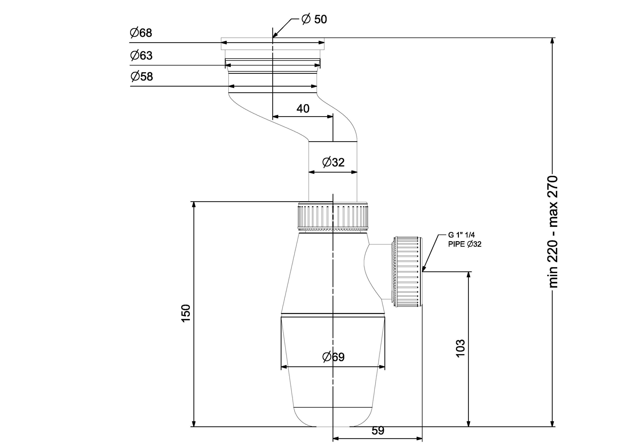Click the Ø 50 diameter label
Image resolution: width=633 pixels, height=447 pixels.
(314, 19)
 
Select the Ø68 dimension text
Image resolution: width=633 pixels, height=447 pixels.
(141, 33)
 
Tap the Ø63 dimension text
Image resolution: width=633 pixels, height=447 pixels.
(141, 55)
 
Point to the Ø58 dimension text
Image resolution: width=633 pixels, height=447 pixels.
(141, 76)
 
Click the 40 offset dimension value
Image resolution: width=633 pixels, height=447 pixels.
(303, 109)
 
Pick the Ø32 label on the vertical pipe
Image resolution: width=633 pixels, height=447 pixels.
(333, 162)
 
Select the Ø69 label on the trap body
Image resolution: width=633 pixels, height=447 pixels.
(333, 357)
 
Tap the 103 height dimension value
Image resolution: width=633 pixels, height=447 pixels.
(461, 348)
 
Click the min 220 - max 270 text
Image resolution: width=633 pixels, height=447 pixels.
(553, 232)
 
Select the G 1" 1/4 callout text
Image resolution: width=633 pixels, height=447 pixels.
(461, 235)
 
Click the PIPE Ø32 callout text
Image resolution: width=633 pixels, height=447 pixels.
(465, 244)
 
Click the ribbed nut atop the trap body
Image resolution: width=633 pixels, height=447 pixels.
(333, 216)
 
